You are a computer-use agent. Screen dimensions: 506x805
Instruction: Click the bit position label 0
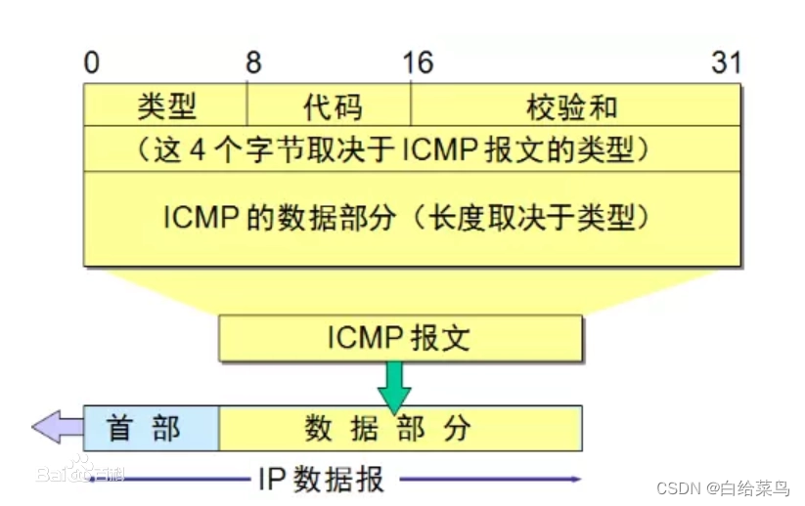91,63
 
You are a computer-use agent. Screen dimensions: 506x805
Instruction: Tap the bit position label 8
253,63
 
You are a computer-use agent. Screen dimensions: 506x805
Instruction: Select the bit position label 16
417,63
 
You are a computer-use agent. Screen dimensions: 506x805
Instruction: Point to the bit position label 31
726,63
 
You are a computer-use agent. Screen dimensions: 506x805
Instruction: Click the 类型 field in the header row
166,105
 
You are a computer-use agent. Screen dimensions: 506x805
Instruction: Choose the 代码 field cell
329,105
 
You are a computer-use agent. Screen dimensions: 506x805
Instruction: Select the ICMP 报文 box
400,338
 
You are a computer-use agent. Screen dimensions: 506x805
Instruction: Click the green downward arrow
396,385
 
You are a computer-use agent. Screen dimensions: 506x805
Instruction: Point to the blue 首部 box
151,427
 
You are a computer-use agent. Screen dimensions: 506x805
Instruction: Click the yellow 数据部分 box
399,427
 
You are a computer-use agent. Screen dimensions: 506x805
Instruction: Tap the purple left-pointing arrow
57,427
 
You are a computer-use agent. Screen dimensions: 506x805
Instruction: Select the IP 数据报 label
322,479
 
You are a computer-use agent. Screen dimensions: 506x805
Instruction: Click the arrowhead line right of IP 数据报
489,479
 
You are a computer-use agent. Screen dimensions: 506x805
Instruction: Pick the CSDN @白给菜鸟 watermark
722,488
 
